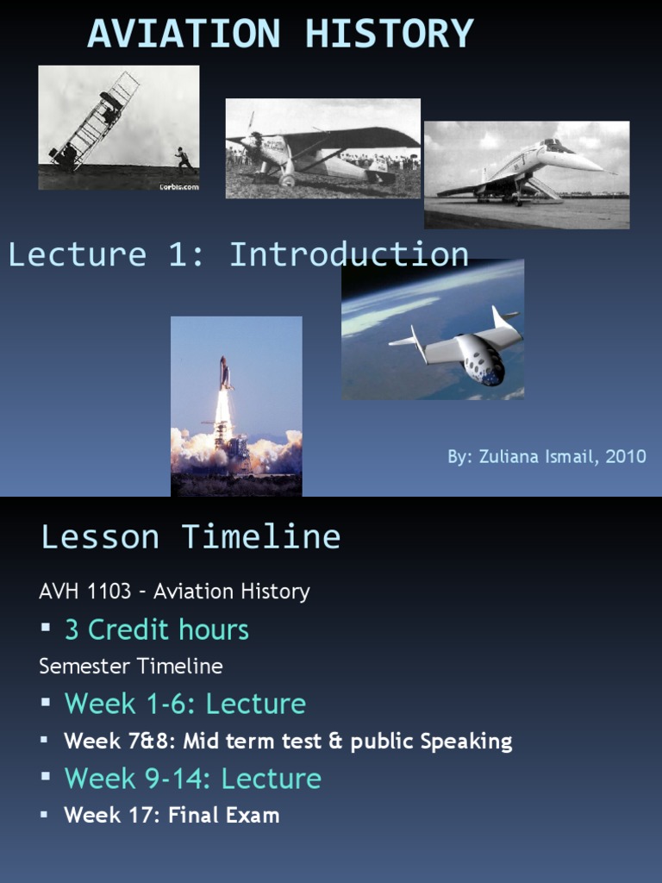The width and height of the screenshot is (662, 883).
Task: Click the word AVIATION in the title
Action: coord(184,34)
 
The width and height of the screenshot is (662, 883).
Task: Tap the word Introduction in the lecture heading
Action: coord(348,254)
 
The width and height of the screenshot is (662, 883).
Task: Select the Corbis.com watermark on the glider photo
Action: coord(178,185)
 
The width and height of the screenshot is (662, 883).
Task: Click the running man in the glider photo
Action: coord(182,159)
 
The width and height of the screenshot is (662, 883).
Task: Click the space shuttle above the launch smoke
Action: coord(224,373)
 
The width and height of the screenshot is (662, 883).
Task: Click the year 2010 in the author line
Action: coord(626,457)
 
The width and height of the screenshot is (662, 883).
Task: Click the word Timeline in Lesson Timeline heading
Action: coord(260,537)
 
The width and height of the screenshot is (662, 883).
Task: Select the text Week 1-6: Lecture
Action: coord(184,704)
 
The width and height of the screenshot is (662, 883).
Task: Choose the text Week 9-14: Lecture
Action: coord(192,779)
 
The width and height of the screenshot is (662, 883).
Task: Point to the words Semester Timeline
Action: coord(131,667)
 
